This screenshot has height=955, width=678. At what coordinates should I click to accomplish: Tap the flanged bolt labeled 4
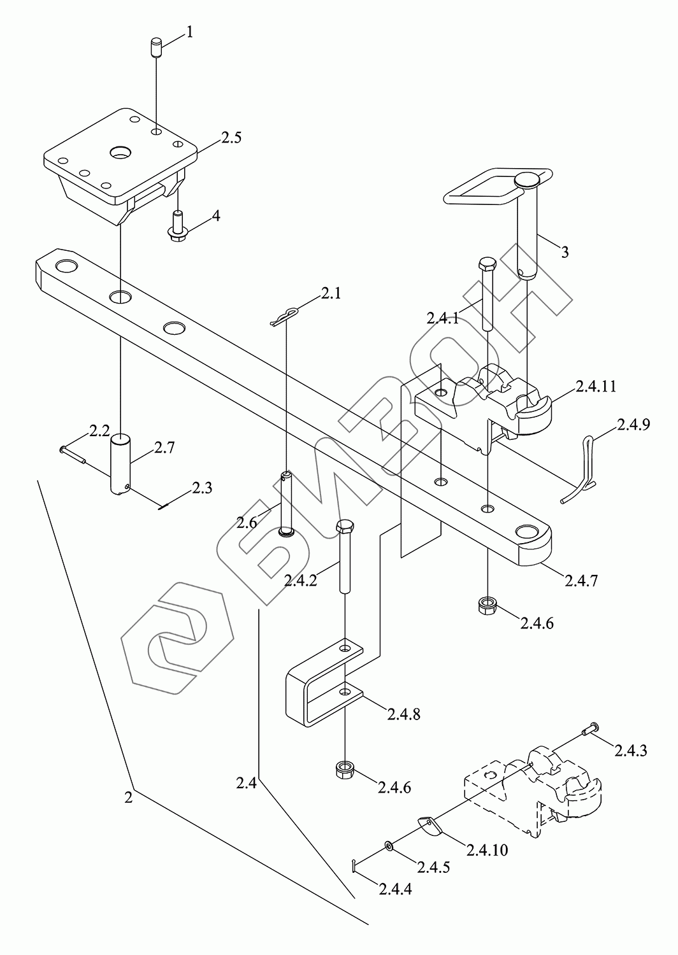coord(176,227)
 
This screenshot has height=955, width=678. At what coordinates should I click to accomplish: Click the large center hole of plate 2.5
coord(119,153)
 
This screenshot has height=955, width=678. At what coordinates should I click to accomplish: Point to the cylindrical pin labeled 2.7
coord(121,463)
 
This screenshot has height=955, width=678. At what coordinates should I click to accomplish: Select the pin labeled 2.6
coord(286,503)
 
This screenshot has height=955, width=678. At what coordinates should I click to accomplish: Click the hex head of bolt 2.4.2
coord(345,528)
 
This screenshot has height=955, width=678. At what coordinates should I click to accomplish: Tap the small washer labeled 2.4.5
coord(388,845)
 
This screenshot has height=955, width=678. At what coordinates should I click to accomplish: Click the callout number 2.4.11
coord(595,386)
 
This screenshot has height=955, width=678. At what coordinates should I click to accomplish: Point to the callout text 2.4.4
coord(395,889)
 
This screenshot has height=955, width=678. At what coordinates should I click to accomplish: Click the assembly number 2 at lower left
coord(129,796)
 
